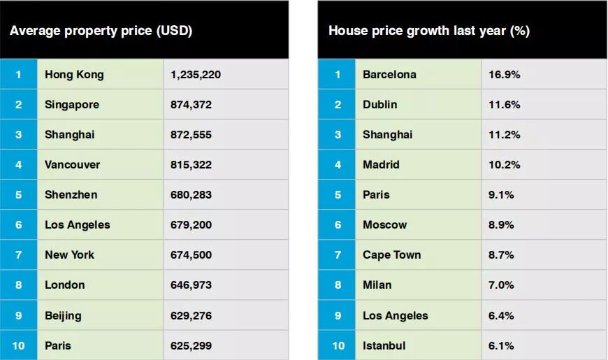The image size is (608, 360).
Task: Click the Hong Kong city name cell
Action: click(x=74, y=75)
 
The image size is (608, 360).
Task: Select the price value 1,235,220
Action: click(x=196, y=75)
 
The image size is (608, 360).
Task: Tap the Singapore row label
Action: click(x=72, y=105)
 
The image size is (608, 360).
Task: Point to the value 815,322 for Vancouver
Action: click(x=191, y=165)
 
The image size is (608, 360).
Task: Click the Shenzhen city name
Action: click(x=71, y=195)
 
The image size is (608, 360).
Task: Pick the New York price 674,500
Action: click(x=191, y=255)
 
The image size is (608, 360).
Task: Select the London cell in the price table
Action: click(x=65, y=285)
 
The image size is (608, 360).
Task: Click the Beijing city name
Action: click(x=63, y=315)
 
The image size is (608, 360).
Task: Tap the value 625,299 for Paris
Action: click(x=191, y=345)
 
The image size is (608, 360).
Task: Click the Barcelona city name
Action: click(x=389, y=75)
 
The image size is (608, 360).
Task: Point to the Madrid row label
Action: click(x=381, y=165)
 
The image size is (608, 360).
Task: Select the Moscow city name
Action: click(x=384, y=225)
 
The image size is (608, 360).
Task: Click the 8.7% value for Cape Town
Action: click(x=501, y=255)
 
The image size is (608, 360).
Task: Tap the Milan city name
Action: click(x=377, y=285)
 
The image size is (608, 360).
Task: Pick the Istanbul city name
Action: click(x=384, y=345)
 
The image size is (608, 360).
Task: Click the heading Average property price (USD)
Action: click(x=101, y=31)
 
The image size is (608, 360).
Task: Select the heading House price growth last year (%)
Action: click(x=429, y=31)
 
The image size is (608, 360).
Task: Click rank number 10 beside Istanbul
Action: click(x=338, y=345)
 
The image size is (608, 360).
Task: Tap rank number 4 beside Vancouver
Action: click(x=19, y=165)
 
